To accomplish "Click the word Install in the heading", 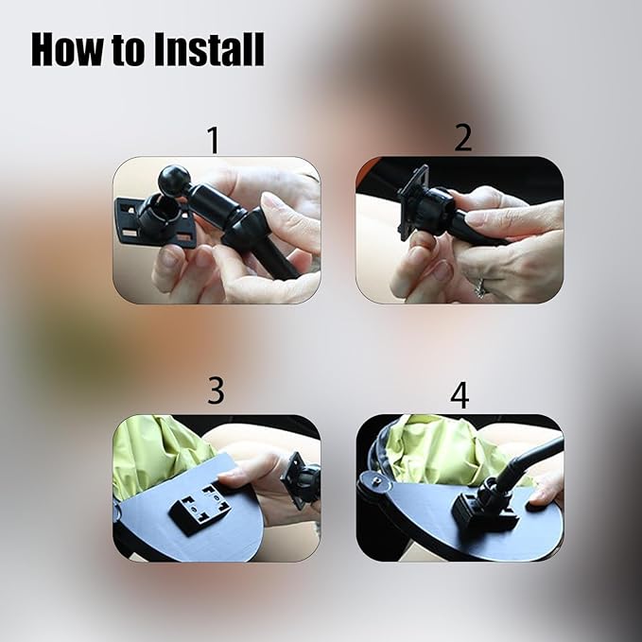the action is [x=209, y=49].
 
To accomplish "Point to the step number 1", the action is [x=214, y=140].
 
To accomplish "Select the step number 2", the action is [x=463, y=138].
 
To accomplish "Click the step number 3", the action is [x=216, y=390].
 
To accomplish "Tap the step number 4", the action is [x=460, y=394].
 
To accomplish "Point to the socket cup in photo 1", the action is [x=154, y=216].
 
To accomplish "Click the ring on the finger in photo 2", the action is [x=479, y=287].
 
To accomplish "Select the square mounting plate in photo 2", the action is [x=413, y=201].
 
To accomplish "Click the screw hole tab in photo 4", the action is [x=373, y=479].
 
